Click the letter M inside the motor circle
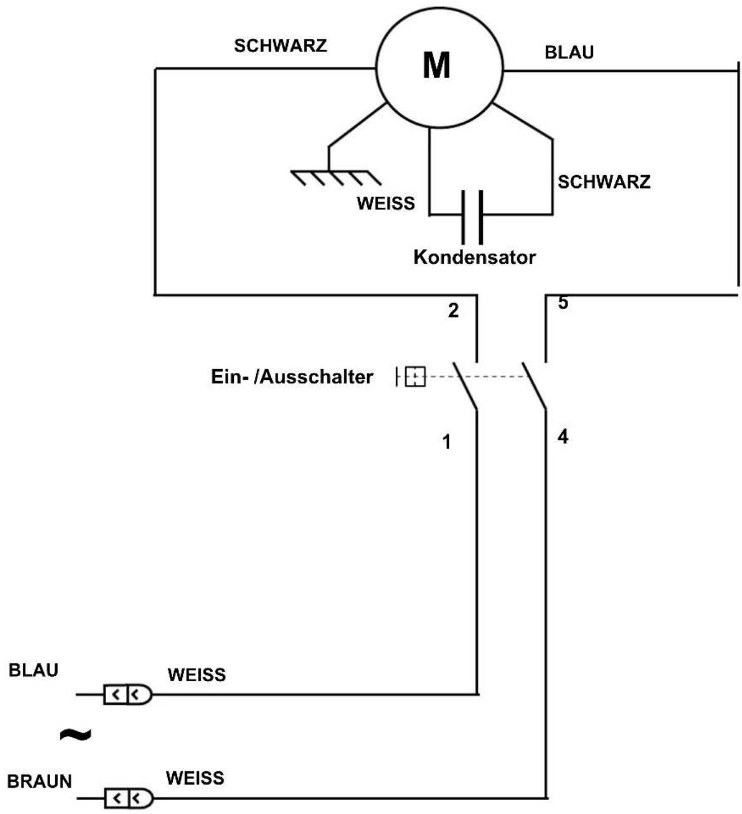[x=436, y=65]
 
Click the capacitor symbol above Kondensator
[x=472, y=217]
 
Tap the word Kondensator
[x=475, y=257]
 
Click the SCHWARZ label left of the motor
[x=280, y=46]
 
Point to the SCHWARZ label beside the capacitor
[x=604, y=181]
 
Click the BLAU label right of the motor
[x=569, y=52]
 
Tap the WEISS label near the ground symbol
[x=386, y=203]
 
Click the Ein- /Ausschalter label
[x=292, y=377]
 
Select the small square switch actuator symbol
[x=415, y=377]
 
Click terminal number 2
[x=453, y=311]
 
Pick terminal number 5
[x=563, y=302]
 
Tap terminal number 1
[x=447, y=442]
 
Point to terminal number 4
[x=563, y=437]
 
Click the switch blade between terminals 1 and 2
[x=465, y=386]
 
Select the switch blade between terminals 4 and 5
[x=534, y=385]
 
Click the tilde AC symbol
[x=76, y=734]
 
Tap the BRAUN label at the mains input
[x=39, y=781]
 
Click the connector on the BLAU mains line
[x=128, y=695]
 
